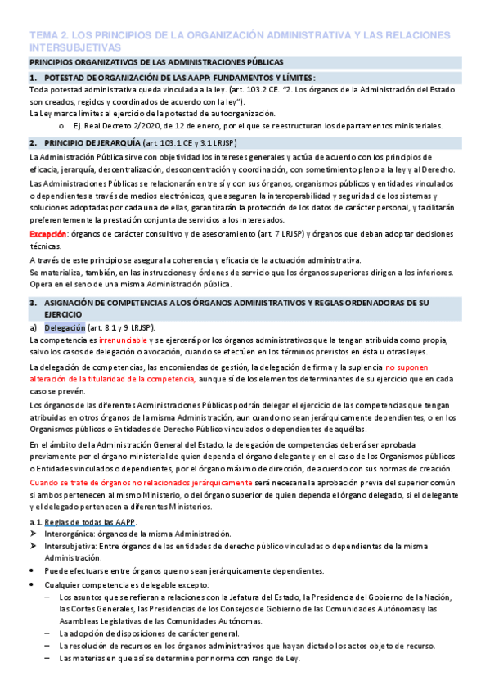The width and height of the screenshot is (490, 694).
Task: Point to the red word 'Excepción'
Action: [47, 234]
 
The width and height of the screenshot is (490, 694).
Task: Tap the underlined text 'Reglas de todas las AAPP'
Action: [91, 521]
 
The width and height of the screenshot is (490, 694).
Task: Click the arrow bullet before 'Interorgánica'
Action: [33, 534]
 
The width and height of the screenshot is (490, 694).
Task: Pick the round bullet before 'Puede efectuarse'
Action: [32, 570]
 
